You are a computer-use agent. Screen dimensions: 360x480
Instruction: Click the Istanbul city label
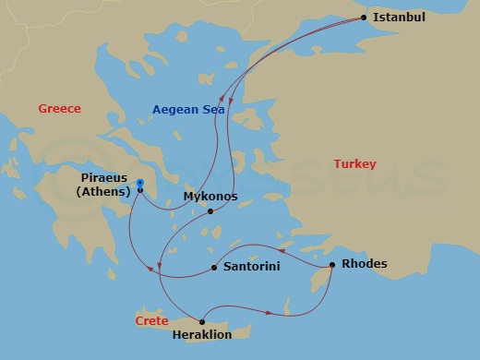(400, 17)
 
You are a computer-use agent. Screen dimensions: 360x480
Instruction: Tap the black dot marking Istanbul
(364, 18)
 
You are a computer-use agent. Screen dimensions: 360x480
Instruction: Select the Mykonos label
(210, 197)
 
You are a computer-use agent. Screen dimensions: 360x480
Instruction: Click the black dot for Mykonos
(210, 211)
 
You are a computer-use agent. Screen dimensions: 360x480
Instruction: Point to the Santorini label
(251, 268)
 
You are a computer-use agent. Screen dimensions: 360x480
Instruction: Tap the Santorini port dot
(214, 268)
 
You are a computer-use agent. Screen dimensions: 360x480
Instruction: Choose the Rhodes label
(365, 264)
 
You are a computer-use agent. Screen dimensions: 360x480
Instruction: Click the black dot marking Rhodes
(332, 267)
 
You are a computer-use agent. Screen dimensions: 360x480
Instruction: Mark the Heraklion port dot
(202, 322)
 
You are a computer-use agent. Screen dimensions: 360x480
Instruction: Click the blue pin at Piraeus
(139, 184)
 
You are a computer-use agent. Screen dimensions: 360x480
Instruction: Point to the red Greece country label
(60, 109)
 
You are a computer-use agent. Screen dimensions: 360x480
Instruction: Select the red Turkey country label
(355, 164)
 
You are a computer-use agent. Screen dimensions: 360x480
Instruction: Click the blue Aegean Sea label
(188, 110)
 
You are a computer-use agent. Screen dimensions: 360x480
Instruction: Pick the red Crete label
(151, 321)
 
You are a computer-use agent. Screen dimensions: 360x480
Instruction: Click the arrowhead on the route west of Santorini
(161, 266)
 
